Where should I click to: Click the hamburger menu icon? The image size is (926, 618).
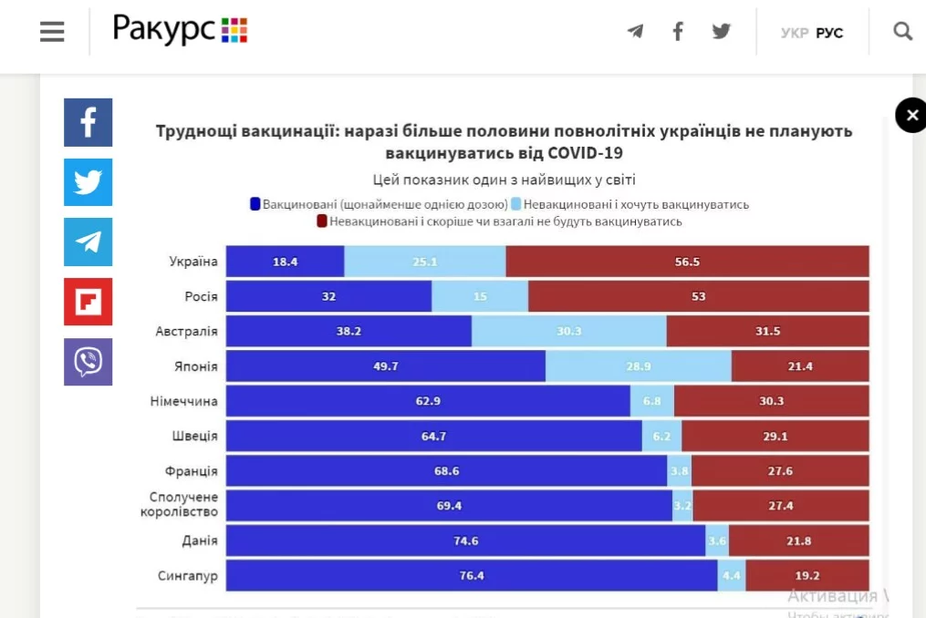coord(52,32)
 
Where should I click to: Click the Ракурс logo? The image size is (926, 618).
coord(180,30)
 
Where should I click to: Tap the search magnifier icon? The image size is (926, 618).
coord(902,32)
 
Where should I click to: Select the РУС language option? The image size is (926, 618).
coord(829,33)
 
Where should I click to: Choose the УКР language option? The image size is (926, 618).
coord(795,33)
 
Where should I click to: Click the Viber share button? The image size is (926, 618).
coord(88,362)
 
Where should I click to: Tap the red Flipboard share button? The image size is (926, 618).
coord(88,302)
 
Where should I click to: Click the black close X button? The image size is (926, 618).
coord(910,116)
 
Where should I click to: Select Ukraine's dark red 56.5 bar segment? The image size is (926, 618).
coord(687,262)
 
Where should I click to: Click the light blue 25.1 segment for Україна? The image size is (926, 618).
coord(424,262)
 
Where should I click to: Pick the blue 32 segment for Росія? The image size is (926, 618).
coord(328,296)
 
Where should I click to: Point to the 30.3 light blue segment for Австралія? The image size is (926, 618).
coord(568,331)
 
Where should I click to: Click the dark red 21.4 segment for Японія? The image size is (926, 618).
coord(800,366)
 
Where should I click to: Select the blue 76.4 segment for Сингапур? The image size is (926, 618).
coord(471,576)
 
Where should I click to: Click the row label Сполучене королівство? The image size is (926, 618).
coord(179,504)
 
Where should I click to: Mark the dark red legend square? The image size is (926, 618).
coord(322,221)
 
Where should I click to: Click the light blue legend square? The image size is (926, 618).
coord(516,204)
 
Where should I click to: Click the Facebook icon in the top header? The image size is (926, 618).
coord(678,32)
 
